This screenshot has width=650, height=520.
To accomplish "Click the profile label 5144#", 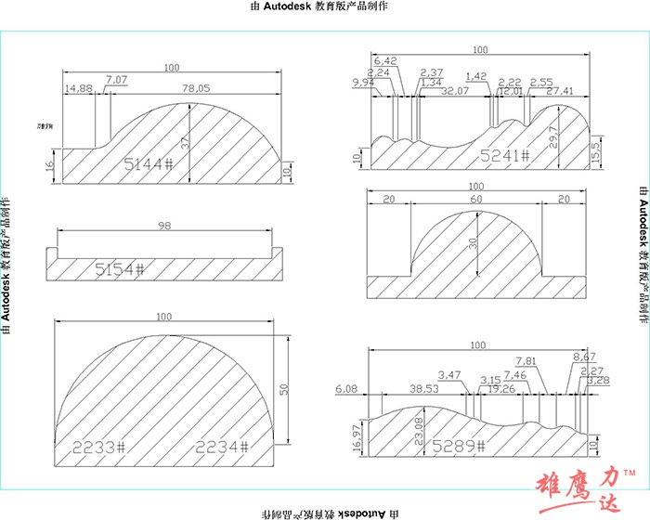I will tap(149, 164).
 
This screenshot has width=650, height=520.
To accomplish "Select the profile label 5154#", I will tap(120, 269).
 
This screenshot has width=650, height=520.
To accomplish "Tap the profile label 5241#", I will tap(504, 157).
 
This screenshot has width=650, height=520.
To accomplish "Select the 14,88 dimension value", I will tap(78, 88).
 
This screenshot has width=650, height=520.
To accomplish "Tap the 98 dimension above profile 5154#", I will tap(165, 227).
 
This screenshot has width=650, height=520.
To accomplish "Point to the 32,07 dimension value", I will tap(455, 91).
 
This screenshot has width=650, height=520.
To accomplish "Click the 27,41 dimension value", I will tap(560, 91).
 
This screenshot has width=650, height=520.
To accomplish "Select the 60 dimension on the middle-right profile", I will tap(475, 200).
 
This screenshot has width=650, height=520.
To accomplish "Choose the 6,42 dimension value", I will tap(385, 61).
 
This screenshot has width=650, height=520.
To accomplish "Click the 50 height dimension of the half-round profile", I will tap(285, 390).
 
